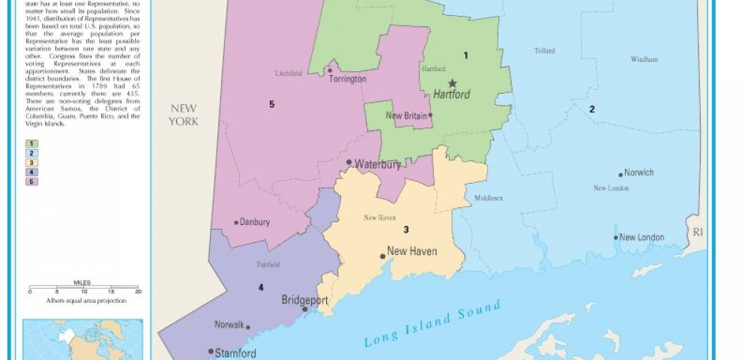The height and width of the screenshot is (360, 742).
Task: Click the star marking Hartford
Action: click(452, 83)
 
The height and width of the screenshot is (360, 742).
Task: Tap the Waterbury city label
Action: click(378, 163)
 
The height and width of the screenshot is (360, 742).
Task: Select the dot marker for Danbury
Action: click(236, 222)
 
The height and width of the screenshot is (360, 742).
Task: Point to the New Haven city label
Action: click(411, 251)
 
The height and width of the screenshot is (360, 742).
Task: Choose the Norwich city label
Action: click(639, 172)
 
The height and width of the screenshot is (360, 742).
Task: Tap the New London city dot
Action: click(616, 238)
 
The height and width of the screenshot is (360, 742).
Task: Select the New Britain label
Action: click(405, 115)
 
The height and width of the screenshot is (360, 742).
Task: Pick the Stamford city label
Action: click(235, 352)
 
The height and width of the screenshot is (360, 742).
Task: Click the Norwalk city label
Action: click(229, 325)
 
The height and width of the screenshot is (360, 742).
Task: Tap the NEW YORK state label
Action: click(183, 115)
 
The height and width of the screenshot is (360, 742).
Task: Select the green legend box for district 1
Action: click(33, 143)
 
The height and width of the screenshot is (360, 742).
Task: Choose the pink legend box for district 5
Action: click(33, 181)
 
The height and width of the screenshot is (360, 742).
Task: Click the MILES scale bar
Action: click(83, 287)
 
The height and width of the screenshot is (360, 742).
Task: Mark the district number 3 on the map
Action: click(406, 229)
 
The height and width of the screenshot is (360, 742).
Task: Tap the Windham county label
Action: click(644, 59)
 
